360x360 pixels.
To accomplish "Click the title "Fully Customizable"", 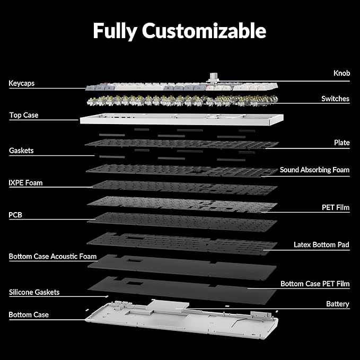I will (x=180, y=30).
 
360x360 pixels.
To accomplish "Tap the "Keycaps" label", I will (x=22, y=83).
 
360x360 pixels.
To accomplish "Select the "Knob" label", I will (x=341, y=73).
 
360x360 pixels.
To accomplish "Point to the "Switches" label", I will (x=335, y=99).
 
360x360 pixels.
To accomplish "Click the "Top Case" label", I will (x=24, y=115).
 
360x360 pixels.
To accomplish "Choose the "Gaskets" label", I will (x=21, y=151).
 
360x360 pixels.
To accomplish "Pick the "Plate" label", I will (x=341, y=143).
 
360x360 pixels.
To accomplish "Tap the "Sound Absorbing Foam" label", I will (x=314, y=170).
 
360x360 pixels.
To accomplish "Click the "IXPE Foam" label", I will (x=25, y=183).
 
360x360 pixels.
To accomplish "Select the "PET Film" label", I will (x=336, y=207).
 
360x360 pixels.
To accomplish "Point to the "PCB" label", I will (x=15, y=215).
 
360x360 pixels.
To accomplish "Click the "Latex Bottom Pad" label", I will (x=321, y=245).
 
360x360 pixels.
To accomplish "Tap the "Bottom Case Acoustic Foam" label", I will (x=52, y=257).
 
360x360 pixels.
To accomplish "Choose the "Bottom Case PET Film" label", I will (x=315, y=284).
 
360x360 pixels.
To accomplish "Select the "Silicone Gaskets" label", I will (x=34, y=292).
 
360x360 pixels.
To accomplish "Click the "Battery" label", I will (x=338, y=304).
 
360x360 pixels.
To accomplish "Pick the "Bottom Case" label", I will (x=29, y=315).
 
